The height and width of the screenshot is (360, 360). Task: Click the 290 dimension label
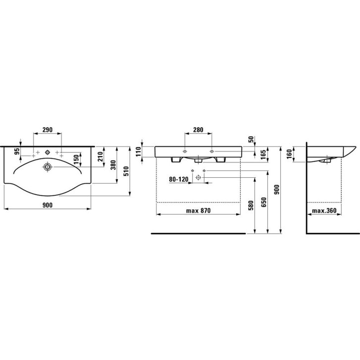48,130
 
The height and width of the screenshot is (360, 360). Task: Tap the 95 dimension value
17,152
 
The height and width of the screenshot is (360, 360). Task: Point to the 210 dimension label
101,156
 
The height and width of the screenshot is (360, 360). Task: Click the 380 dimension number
113,165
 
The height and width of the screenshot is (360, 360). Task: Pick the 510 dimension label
126,171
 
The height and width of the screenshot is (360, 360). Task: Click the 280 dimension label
198,130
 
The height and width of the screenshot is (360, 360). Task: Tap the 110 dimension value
138,152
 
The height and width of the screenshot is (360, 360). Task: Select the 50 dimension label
251,139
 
